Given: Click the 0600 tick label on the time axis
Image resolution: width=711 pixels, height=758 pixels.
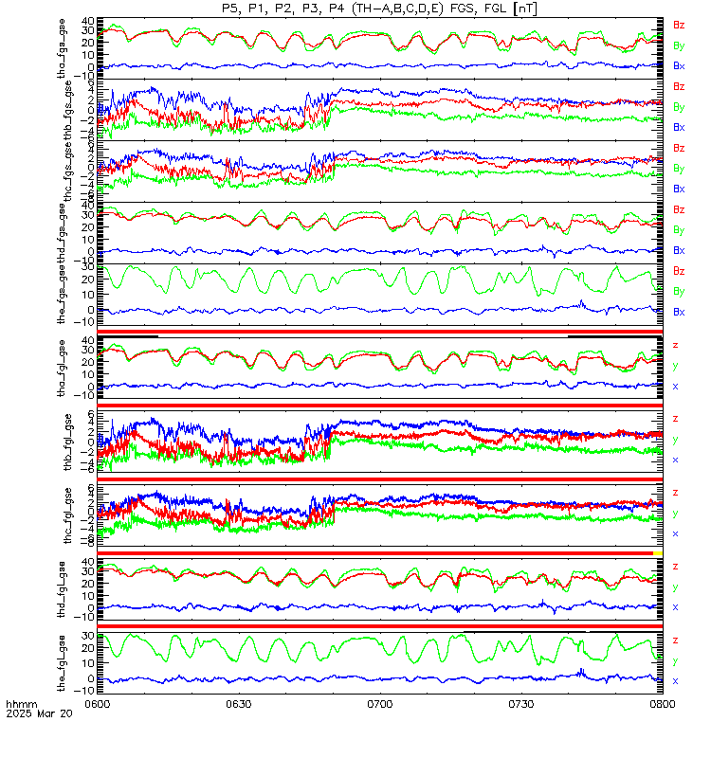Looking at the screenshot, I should click(98, 705).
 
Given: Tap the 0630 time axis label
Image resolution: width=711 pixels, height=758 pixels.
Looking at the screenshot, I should click(238, 705).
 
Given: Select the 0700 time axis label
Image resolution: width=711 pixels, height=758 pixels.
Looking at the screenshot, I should click(379, 705).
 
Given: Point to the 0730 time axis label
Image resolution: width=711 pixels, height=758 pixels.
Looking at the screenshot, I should click(520, 705).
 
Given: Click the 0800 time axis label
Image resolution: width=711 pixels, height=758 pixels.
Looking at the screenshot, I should click(661, 705).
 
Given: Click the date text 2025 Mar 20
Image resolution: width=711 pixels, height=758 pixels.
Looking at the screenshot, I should click(33, 715).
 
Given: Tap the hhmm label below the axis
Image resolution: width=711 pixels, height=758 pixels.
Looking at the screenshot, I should click(19, 706).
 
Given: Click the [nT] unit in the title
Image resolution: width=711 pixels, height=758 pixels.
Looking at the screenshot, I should click(525, 9).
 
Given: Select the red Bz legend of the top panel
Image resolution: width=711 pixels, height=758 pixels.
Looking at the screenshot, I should click(679, 25).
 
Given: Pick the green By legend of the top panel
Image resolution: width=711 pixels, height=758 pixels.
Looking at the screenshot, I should click(679, 45).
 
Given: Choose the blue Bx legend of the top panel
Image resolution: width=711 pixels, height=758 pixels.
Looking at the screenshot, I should click(679, 66).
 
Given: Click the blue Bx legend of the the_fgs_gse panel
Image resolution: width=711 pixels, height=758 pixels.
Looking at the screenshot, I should click(679, 312).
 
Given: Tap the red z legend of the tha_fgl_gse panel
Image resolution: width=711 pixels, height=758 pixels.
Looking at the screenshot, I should click(675, 345).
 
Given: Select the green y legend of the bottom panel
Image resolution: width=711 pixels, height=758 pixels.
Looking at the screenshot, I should click(675, 661).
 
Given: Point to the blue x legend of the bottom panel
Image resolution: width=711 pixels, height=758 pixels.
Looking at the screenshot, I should click(675, 681).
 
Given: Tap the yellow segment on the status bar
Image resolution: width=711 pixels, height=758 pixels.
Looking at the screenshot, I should click(658, 552).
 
